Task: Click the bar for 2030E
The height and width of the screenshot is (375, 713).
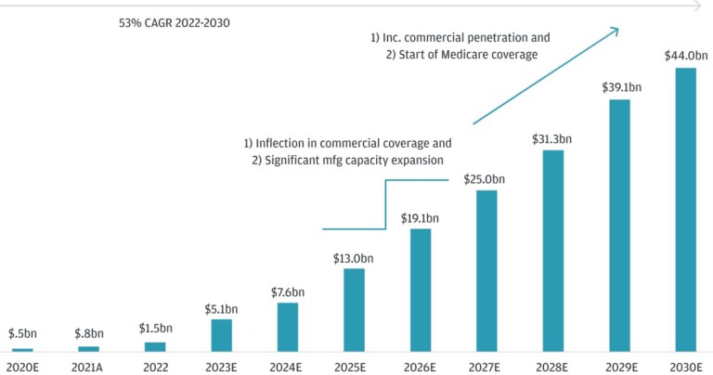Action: pyautogui.click(x=685, y=210)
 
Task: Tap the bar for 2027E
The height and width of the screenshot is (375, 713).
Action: pyautogui.click(x=486, y=271)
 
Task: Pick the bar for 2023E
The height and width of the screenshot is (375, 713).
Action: pyautogui.click(x=221, y=335)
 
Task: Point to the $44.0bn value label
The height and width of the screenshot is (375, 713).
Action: pyautogui.click(x=685, y=56)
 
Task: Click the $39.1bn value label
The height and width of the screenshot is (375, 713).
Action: pyautogui.click(x=619, y=87)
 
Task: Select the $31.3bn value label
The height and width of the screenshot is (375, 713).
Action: pyautogui.click(x=552, y=139)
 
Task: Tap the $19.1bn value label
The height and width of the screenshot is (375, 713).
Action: pyautogui.click(x=420, y=218)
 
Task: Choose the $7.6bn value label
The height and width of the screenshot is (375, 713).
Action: pyautogui.click(x=287, y=292)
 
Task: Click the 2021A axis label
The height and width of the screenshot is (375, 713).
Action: pyautogui.click(x=88, y=365)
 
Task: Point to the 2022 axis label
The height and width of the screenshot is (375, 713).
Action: pyautogui.click(x=154, y=365)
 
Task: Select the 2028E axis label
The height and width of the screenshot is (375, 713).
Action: pyautogui.click(x=552, y=365)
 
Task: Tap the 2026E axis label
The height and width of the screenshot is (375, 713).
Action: pyautogui.click(x=420, y=365)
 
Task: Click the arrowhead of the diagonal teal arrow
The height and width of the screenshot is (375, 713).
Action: pyautogui.click(x=615, y=31)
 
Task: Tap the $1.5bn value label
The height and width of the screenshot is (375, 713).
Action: pyautogui.click(x=154, y=329)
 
